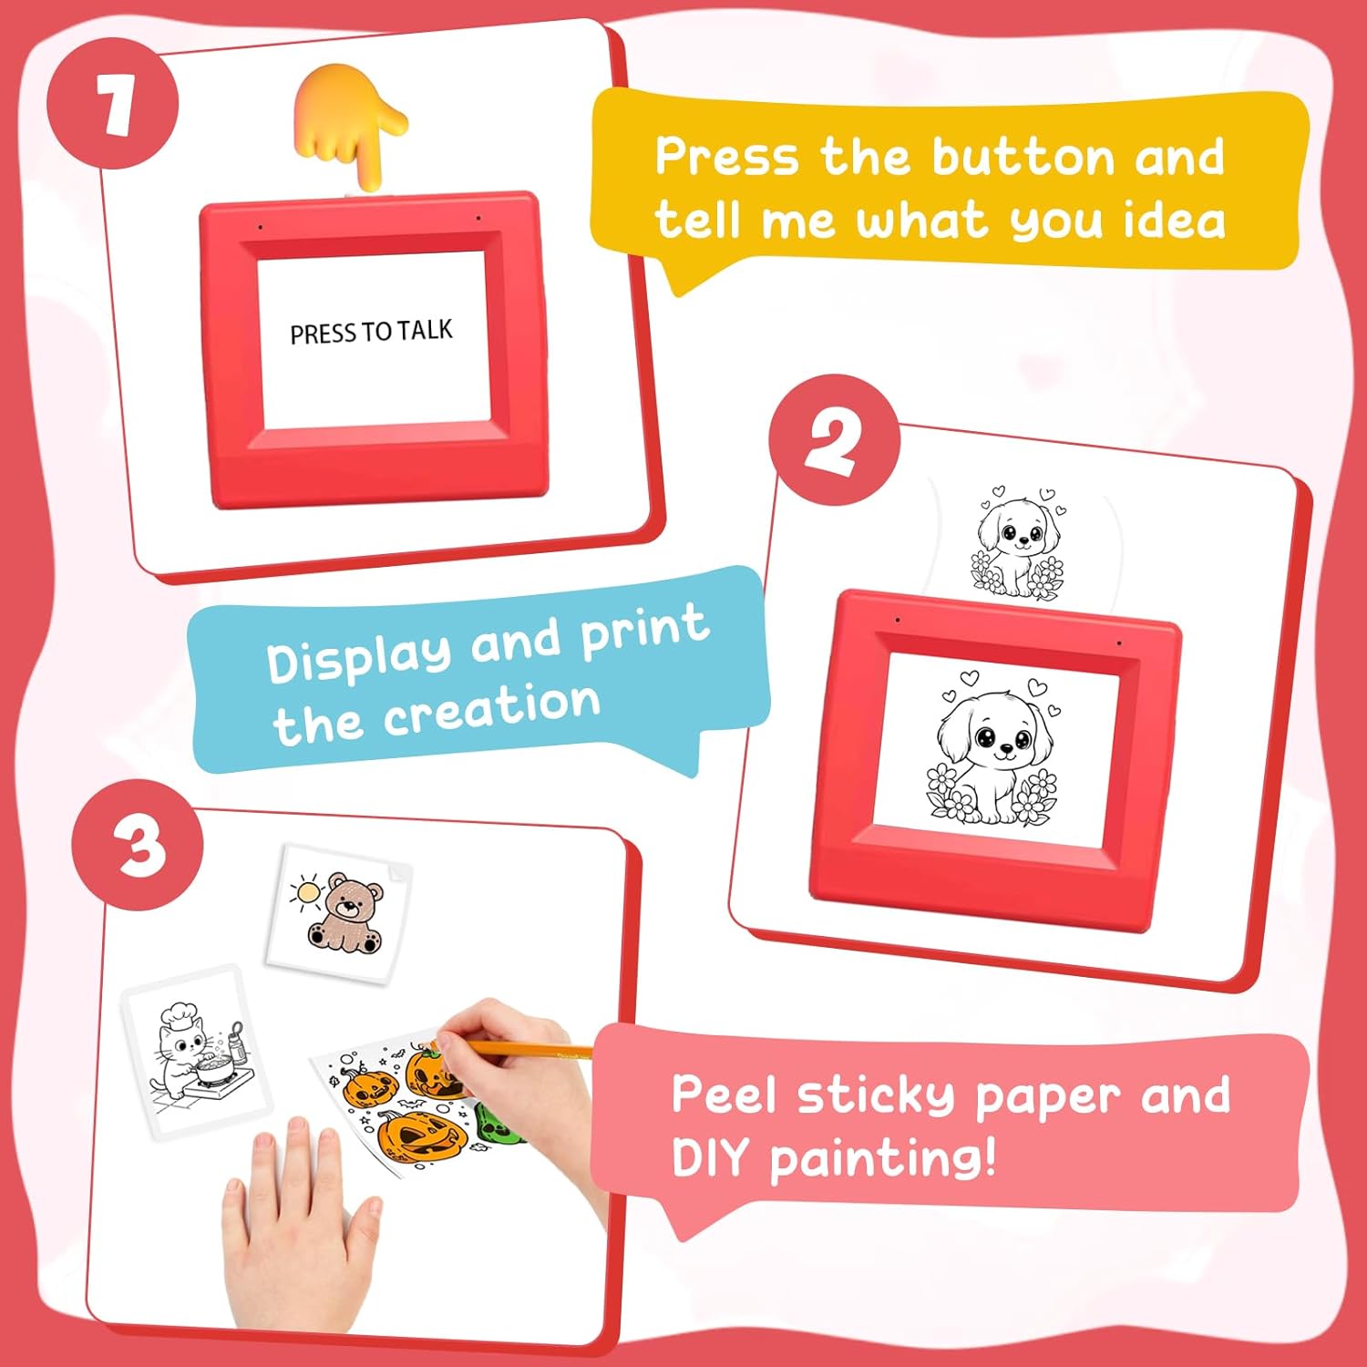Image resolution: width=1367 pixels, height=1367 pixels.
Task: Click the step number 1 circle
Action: tap(113, 103)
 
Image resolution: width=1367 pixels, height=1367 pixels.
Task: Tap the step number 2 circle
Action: tap(834, 440)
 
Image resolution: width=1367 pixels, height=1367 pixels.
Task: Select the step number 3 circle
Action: tap(138, 845)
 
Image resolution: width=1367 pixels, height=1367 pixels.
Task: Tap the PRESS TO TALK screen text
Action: tap(371, 332)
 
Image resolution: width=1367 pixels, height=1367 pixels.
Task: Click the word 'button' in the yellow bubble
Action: tap(1023, 158)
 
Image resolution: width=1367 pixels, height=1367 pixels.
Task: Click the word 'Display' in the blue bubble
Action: tap(358, 656)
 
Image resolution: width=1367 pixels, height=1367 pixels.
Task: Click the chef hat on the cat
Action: tap(178, 1013)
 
